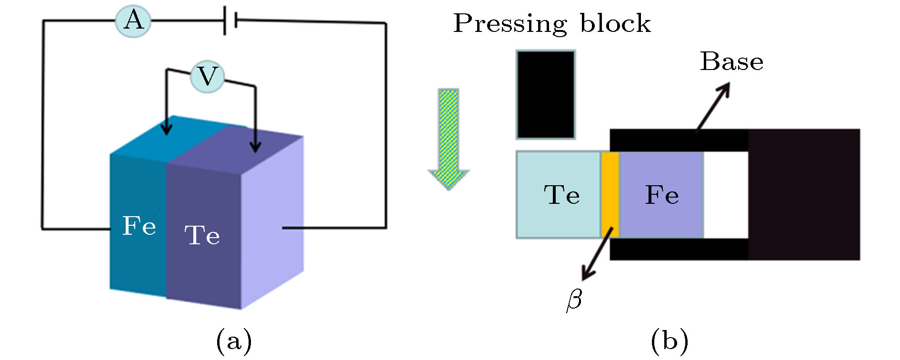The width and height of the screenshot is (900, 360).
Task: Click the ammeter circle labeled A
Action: [133, 20]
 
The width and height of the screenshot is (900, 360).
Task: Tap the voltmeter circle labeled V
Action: [207, 76]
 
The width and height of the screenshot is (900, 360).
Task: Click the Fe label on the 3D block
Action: [139, 225]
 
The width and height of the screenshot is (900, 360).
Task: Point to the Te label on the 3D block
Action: [202, 235]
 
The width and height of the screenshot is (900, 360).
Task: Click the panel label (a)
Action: [234, 341]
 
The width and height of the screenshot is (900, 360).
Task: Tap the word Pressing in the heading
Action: [510, 23]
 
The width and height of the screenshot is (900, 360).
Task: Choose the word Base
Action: [731, 62]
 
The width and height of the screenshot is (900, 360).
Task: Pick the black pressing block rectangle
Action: [546, 95]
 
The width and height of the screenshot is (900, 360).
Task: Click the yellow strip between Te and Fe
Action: [610, 194]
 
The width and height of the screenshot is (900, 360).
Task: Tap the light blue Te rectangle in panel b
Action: [558, 194]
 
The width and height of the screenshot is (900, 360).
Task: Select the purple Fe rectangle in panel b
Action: [661, 194]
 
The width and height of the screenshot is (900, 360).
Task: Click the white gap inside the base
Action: [726, 194]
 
